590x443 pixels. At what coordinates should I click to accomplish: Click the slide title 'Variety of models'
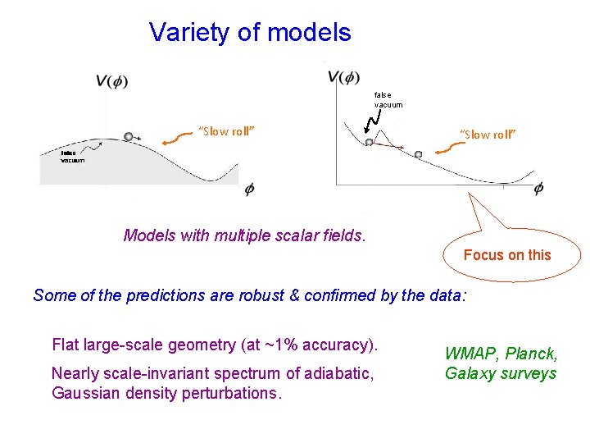(250, 33)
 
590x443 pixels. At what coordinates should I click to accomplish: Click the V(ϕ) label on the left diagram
(111, 80)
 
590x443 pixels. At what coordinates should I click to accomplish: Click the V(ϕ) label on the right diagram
(343, 77)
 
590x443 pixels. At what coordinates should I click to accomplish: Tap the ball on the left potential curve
(128, 136)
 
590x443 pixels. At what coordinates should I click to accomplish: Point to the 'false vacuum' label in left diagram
(72, 156)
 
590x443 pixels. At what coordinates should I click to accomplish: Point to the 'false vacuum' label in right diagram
(388, 99)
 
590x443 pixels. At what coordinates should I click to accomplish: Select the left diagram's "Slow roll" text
(227, 131)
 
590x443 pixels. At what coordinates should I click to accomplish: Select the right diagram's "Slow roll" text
(488, 135)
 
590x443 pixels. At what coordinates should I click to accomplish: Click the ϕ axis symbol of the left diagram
(249, 190)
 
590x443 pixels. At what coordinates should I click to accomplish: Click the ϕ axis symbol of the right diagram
(538, 189)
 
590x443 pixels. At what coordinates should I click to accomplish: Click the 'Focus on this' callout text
(507, 255)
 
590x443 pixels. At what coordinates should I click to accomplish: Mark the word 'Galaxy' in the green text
(469, 374)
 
